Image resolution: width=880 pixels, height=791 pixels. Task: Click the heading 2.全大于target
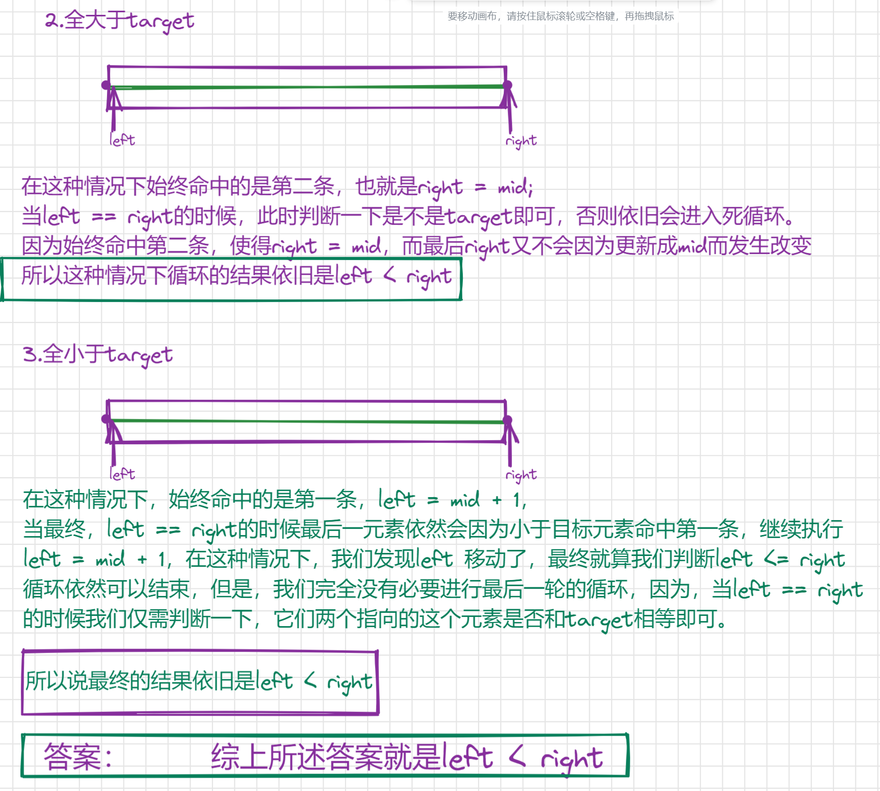[x=119, y=20]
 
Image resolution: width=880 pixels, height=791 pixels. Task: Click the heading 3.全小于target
[x=97, y=354]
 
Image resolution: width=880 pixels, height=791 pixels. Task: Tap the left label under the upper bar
[x=122, y=140]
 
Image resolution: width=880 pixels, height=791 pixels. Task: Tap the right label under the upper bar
[x=521, y=141]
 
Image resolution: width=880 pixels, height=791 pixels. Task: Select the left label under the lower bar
[x=122, y=474]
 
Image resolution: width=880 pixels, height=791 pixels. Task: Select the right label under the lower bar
[x=521, y=475]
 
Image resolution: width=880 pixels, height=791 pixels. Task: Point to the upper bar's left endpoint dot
[x=106, y=85]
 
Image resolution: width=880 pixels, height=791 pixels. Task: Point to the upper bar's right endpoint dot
[x=507, y=85]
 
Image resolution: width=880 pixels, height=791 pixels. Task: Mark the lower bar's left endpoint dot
[x=106, y=419]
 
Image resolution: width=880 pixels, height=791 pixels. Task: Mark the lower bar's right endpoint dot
[x=507, y=420]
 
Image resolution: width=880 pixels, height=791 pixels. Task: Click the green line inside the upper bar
[x=307, y=88]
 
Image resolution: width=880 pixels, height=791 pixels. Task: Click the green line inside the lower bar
[x=307, y=421]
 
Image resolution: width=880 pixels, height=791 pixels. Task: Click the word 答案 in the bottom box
[x=73, y=757]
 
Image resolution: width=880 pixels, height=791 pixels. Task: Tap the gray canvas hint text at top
[x=561, y=16]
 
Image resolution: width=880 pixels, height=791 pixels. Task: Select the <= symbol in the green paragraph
[x=776, y=559]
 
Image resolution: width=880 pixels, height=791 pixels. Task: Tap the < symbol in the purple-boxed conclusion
[x=310, y=680]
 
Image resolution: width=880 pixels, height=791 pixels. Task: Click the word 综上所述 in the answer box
[x=267, y=757]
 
